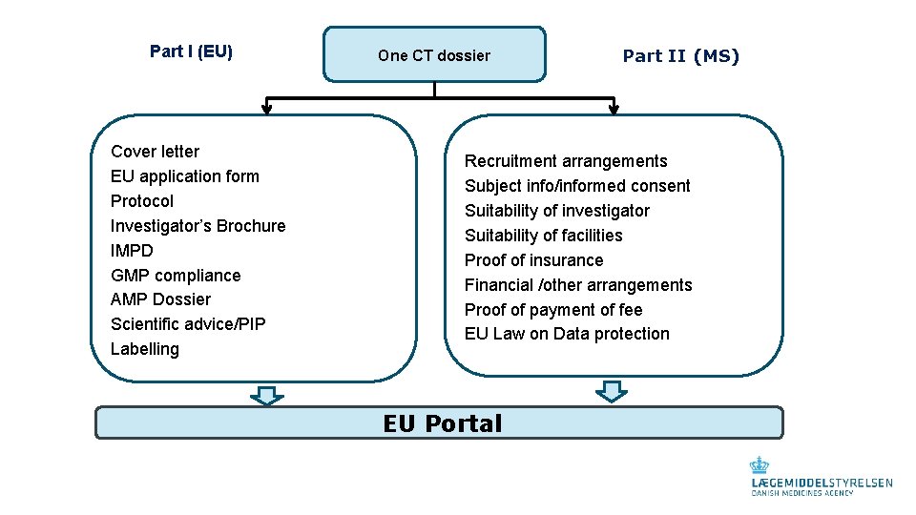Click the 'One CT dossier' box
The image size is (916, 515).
click(434, 55)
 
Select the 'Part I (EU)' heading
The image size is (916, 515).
click(191, 51)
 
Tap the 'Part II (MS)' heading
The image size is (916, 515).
click(680, 56)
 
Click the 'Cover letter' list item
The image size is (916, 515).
click(155, 152)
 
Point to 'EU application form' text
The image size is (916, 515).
click(184, 176)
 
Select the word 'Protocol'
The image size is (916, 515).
click(142, 201)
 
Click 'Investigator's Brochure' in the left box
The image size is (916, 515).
click(198, 226)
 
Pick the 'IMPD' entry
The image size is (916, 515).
click(132, 251)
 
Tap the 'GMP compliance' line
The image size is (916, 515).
click(176, 276)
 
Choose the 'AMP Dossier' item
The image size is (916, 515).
click(160, 299)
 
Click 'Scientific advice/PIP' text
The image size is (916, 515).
click(188, 324)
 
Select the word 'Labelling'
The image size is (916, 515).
click(145, 349)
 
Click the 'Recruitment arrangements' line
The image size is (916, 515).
click(566, 161)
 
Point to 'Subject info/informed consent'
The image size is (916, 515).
click(577, 186)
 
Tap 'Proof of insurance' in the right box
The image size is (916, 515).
click(533, 260)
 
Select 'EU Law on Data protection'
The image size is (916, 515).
click(567, 334)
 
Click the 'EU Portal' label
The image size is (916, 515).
click(442, 423)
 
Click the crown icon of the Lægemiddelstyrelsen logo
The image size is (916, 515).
click(760, 465)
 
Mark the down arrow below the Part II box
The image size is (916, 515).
click(611, 391)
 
